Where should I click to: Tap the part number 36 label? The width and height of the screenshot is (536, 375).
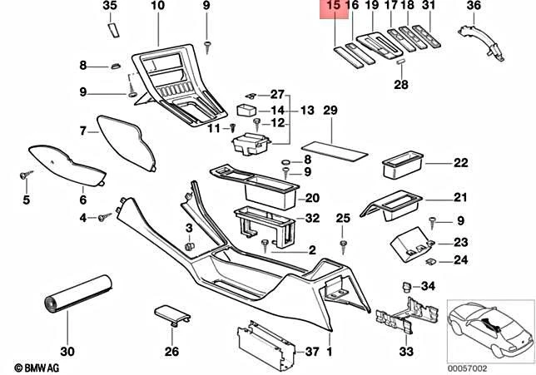pyautogui.click(x=496, y=7)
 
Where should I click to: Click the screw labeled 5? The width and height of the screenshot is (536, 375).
pyautogui.click(x=24, y=175)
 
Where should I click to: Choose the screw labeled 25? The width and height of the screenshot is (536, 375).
pyautogui.click(x=343, y=242)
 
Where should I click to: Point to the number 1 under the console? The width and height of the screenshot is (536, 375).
pyautogui.click(x=330, y=352)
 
